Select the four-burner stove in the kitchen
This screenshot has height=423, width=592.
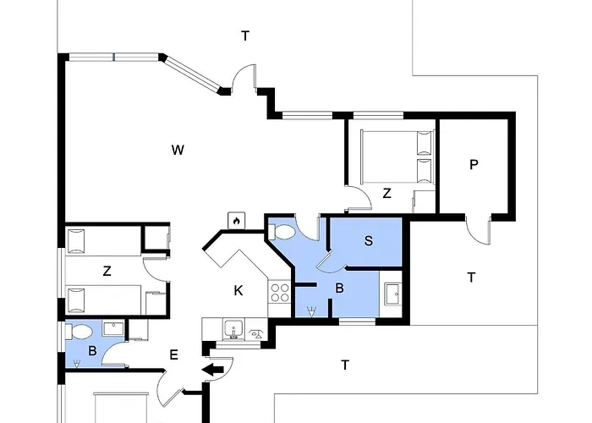pos(279,294)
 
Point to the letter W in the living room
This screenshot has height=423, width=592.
pos(178,151)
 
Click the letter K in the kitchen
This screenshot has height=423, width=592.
pos(238,291)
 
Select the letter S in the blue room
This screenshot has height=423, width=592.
pos(368,241)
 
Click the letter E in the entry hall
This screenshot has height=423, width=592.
pos(173,355)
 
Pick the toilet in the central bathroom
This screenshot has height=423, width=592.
pos(284,231)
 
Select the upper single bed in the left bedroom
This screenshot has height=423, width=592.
pos(101,241)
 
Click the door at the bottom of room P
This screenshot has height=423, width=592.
pos(478,230)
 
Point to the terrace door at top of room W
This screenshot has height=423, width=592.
pos(245,80)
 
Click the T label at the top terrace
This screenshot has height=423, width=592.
pos(245,36)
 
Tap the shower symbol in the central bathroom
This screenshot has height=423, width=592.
pos(312,311)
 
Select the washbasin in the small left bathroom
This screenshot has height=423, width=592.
pos(113,327)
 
